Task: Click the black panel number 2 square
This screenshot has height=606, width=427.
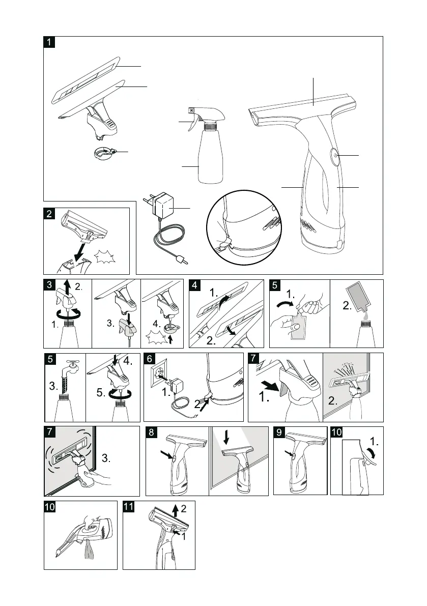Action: click(x=49, y=214)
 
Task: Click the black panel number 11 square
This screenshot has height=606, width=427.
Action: click(x=129, y=507)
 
